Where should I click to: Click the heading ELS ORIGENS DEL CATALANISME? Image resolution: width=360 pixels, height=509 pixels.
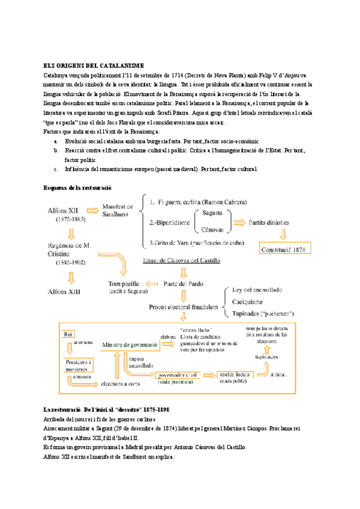tap(93, 65)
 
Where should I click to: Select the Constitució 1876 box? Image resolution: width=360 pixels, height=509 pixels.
tap(284, 248)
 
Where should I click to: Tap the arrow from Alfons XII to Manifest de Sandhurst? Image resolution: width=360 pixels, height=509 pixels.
tap(94, 211)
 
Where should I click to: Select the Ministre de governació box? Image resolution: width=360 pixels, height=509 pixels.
tap(130, 345)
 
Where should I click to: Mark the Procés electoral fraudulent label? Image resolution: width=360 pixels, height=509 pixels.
tap(184, 306)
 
